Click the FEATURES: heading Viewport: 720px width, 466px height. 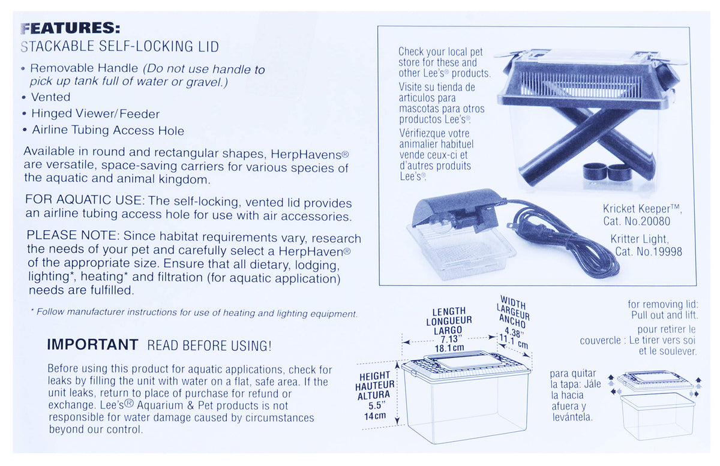point(70,28)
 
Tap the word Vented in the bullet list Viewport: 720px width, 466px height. point(51,97)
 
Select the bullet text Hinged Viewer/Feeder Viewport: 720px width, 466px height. point(95,113)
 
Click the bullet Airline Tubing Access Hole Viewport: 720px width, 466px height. point(108,130)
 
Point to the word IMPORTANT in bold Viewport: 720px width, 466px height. point(92,344)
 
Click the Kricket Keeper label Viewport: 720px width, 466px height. point(642,209)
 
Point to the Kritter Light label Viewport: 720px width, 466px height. point(640,239)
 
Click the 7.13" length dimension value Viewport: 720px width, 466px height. point(449,339)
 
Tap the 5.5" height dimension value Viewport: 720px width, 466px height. point(375,405)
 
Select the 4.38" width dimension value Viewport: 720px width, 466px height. point(514,332)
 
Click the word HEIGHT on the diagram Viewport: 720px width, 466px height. point(375,375)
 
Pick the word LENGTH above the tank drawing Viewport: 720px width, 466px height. point(449,311)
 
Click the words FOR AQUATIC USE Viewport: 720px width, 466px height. point(83,200)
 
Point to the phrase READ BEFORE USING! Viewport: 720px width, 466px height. point(209,345)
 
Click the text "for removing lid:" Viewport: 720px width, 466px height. point(663,304)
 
